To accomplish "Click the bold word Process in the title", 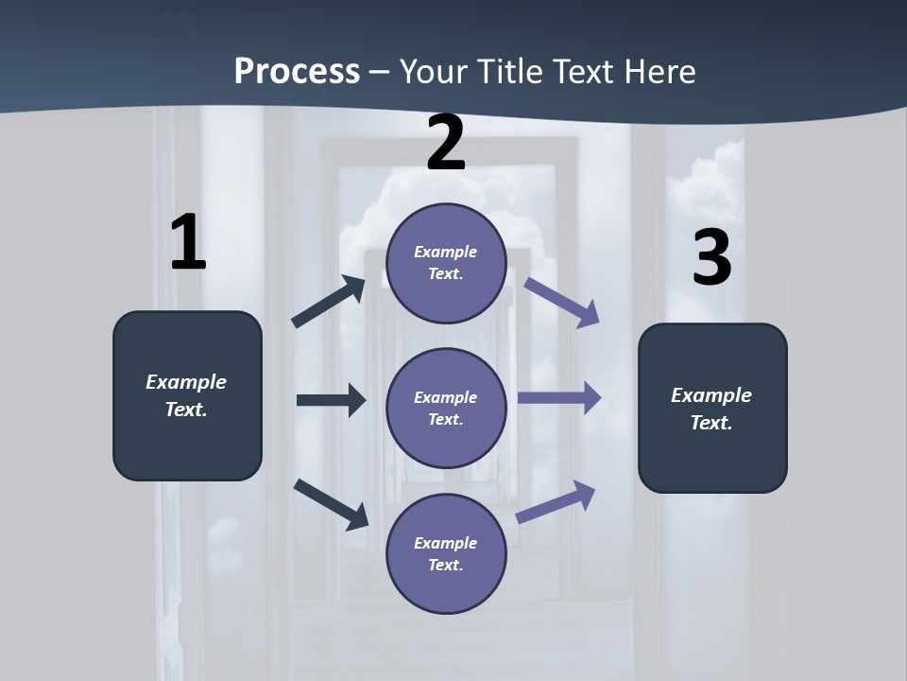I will (x=297, y=72).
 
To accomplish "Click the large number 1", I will (x=188, y=242).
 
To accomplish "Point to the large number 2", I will (x=446, y=143).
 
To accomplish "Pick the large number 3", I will (x=712, y=257).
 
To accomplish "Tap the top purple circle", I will (x=446, y=263).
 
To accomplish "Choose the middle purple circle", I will (x=446, y=408).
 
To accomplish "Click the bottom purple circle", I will (x=446, y=553).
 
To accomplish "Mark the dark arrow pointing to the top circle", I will (x=329, y=302).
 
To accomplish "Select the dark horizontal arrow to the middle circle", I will (x=331, y=400).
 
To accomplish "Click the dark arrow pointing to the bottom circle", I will (x=331, y=503).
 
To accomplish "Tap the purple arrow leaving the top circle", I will (x=562, y=302).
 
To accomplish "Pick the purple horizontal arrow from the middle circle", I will (x=559, y=398).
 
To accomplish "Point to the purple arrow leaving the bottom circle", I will (x=556, y=501).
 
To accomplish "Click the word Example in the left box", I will (x=186, y=382).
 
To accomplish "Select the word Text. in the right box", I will (x=711, y=423).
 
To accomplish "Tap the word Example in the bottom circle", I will (x=446, y=543).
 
